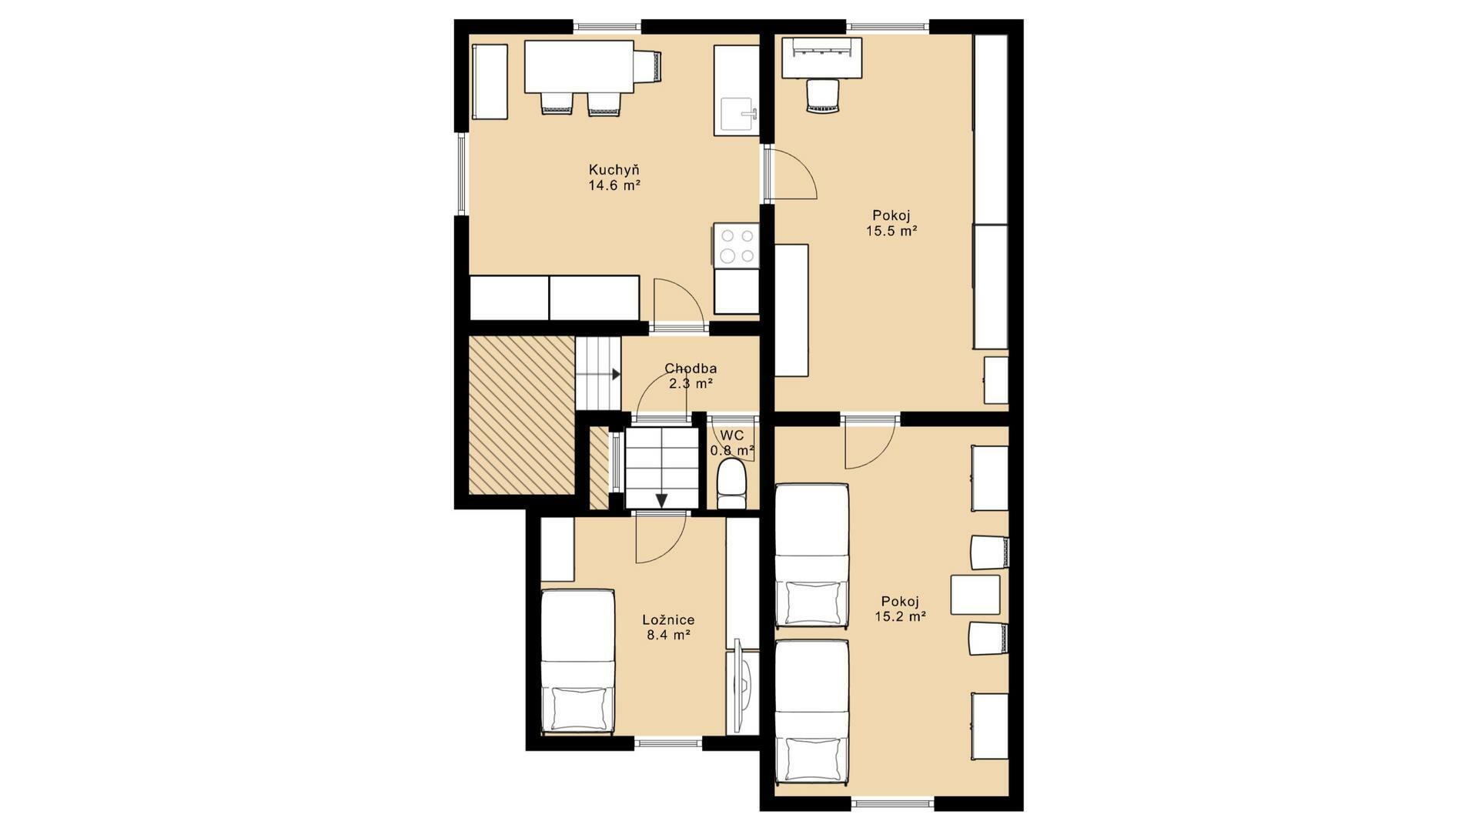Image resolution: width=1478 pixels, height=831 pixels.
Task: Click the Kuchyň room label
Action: coord(614,169)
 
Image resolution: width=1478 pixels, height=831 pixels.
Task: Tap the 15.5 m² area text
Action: coord(894,230)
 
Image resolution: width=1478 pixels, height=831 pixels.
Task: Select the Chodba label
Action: coord(691,369)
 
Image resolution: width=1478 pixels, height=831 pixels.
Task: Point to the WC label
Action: coord(732,436)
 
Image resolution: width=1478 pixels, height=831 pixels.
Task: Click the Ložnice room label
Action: coord(668,619)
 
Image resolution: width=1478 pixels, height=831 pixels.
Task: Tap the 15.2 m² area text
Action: coord(900,616)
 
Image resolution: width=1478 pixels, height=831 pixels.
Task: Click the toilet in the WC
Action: coord(731,484)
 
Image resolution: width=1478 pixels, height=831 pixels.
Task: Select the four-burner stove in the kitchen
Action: coord(737,245)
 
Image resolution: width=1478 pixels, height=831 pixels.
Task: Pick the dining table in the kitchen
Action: coord(579,66)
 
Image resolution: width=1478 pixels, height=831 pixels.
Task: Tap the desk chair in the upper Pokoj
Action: coord(821,95)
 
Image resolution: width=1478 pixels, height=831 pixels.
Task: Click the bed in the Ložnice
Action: coord(577,662)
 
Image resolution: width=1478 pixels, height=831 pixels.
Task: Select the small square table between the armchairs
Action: coord(975,594)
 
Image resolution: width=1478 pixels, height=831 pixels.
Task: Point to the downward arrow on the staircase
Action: coord(661,500)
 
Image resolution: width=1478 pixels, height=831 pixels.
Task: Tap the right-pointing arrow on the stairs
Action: coord(616,375)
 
